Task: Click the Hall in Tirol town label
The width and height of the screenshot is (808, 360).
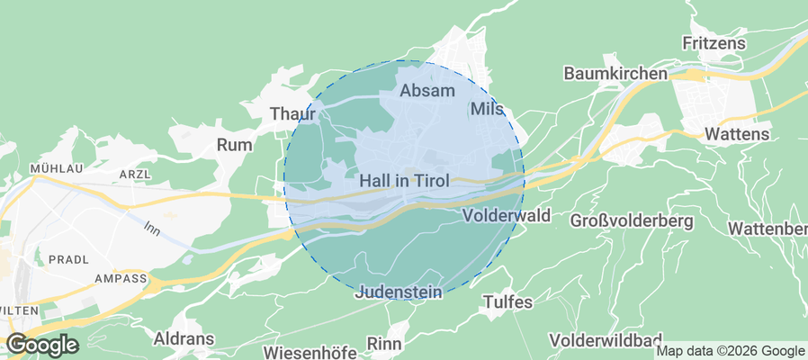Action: [403, 181]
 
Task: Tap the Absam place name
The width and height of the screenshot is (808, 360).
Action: [427, 91]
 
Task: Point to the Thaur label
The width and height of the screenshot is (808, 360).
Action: [293, 114]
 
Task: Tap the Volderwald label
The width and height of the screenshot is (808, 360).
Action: [505, 217]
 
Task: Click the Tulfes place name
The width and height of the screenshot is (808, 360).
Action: [508, 301]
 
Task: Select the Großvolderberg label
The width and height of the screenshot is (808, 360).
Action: [630, 220]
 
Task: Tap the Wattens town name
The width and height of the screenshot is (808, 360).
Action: [738, 134]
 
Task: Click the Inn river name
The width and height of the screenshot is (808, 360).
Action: [151, 228]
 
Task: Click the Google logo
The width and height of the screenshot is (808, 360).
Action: [41, 345]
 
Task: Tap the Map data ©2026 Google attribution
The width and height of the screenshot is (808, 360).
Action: [731, 351]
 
